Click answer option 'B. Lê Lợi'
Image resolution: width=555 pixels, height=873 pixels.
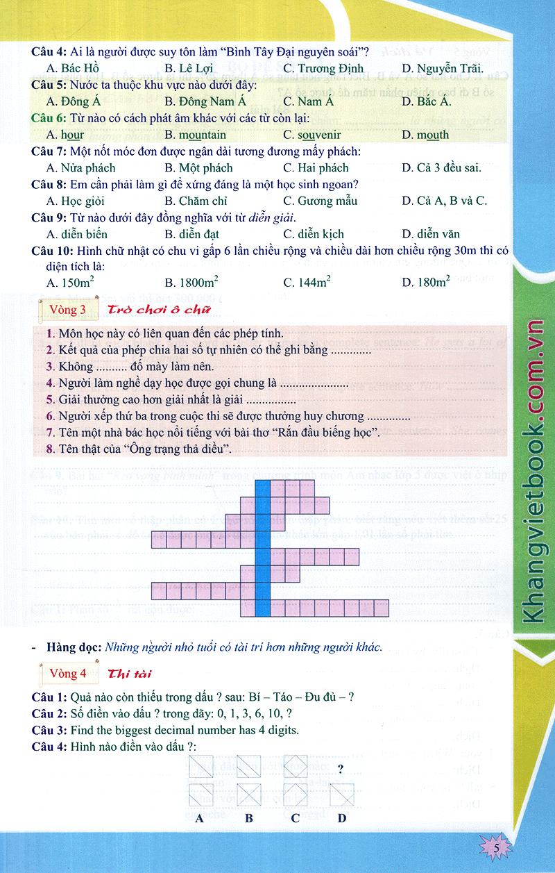pos(189,68)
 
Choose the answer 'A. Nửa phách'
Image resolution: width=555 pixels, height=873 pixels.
pos(81,167)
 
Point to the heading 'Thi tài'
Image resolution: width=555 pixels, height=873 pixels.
pos(130,674)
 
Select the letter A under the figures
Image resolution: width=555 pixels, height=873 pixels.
pos(199,817)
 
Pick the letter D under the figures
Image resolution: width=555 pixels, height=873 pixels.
pos(342,817)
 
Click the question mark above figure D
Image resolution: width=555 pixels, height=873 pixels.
pos(341,769)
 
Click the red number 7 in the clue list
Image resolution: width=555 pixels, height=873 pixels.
pos(50,433)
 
